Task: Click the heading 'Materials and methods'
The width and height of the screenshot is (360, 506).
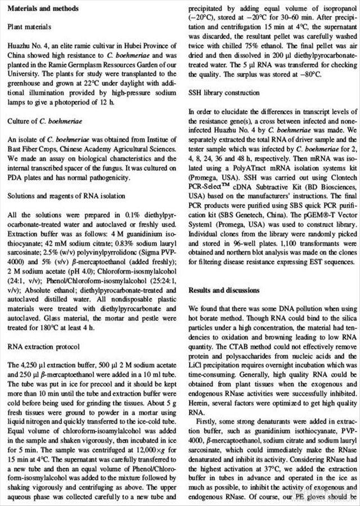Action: point(43,8)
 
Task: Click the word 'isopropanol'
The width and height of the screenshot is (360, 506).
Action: point(330,8)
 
